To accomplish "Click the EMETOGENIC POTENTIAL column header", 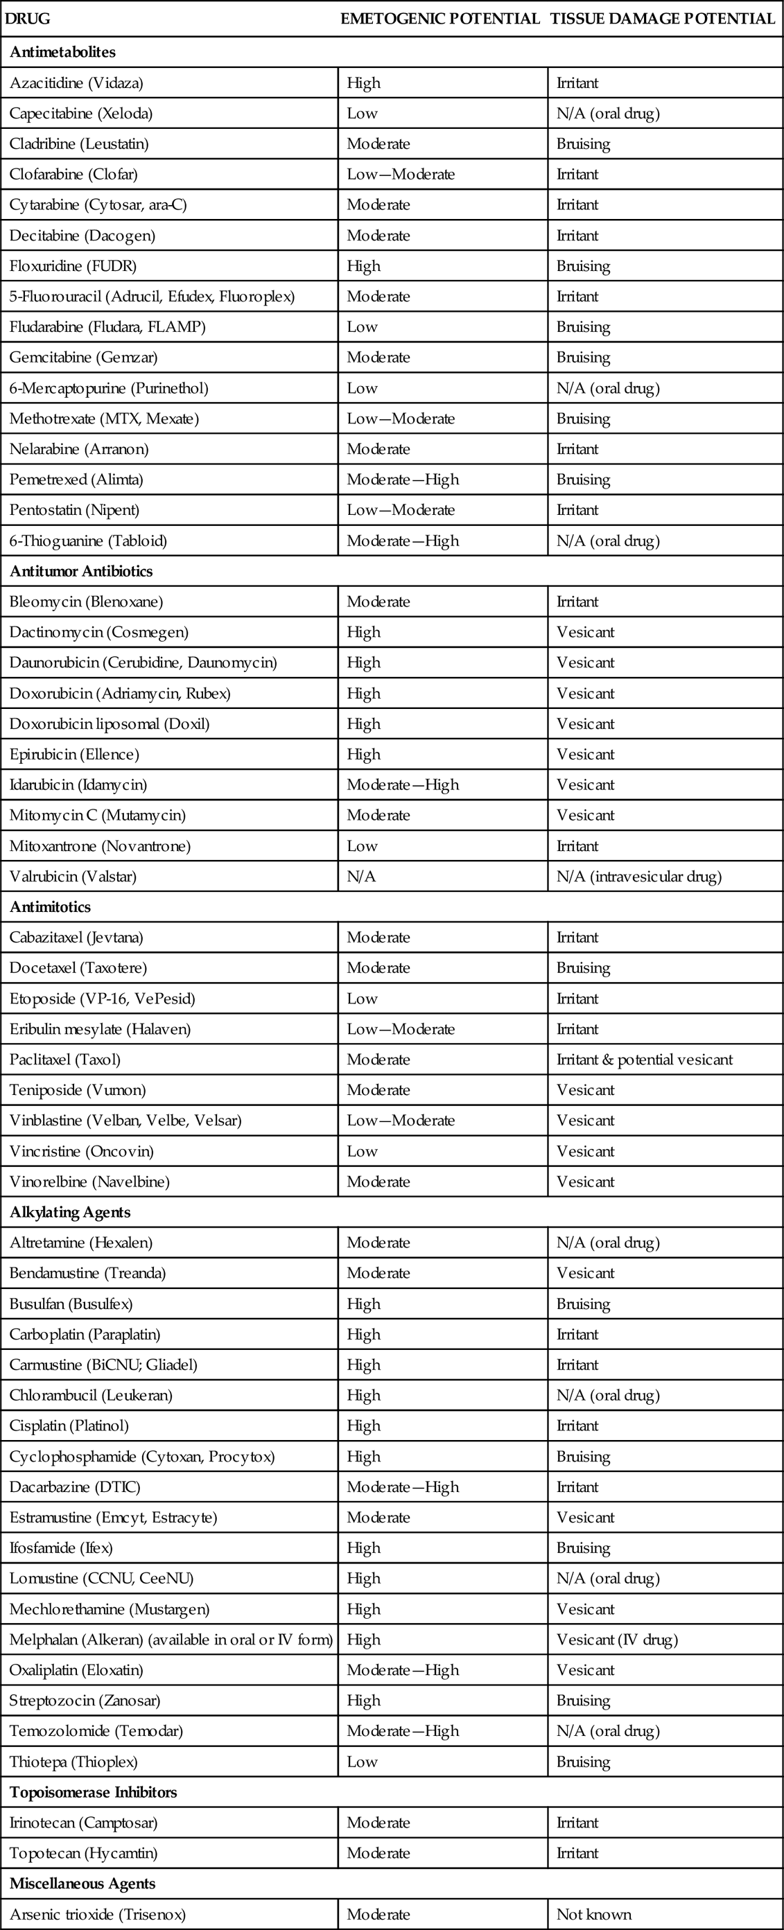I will click(x=440, y=19).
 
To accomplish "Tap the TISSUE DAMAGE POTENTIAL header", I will click(x=663, y=19).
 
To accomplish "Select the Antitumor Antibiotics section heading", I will click(x=81, y=571).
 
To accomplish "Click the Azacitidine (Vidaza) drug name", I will click(x=76, y=82).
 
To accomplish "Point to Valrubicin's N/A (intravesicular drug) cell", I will click(x=638, y=876).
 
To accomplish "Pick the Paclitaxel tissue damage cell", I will click(x=645, y=1060).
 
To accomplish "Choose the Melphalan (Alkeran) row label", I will click(x=171, y=1640).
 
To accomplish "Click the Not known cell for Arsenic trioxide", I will click(x=593, y=1914).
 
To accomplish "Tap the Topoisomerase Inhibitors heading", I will click(x=93, y=1792).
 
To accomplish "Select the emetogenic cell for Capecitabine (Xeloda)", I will click(x=362, y=113).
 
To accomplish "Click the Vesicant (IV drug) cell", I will click(x=617, y=1640).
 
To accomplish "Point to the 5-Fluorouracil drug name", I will click(x=152, y=296).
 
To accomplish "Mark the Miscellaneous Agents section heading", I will click(x=82, y=1884).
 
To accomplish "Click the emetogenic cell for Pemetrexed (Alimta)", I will click(x=403, y=480).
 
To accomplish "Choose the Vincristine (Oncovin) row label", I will click(x=82, y=1151).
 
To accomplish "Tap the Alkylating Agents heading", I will click(x=71, y=1212).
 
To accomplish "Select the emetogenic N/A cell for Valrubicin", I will click(x=361, y=876).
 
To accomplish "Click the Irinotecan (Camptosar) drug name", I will click(x=83, y=1823).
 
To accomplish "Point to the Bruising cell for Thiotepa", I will click(x=583, y=1762).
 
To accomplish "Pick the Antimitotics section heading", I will click(x=49, y=906).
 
